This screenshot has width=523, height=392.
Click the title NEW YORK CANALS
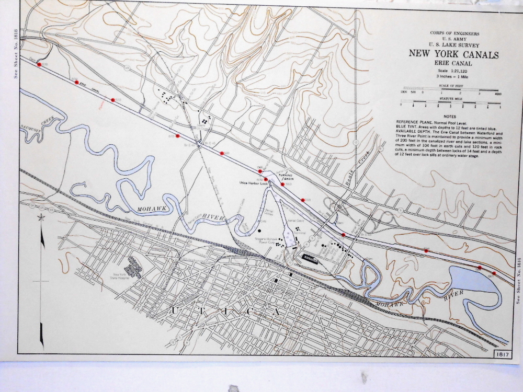click(x=453, y=55)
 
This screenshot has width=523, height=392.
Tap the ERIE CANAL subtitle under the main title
click(x=453, y=64)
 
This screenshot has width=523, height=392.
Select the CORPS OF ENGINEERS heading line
click(x=453, y=34)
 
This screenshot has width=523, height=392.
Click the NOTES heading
click(x=449, y=116)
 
